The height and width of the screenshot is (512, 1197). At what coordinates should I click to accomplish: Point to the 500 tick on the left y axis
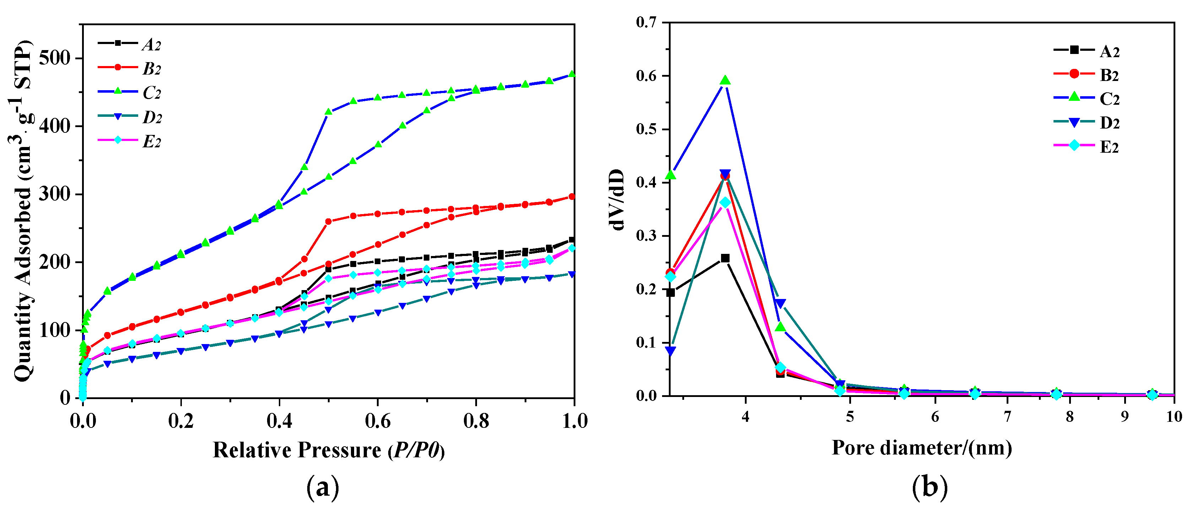pyautogui.click(x=54, y=59)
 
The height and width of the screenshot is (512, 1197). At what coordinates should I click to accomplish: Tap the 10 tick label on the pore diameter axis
pyautogui.click(x=1174, y=416)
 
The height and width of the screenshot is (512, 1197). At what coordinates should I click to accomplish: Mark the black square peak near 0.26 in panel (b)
pyautogui.click(x=725, y=258)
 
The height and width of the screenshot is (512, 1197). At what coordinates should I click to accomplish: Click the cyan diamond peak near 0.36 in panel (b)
pyautogui.click(x=725, y=203)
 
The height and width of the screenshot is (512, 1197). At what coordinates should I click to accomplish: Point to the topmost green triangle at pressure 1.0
pyautogui.click(x=572, y=74)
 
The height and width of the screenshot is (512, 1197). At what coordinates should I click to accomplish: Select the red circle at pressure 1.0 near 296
pyautogui.click(x=572, y=197)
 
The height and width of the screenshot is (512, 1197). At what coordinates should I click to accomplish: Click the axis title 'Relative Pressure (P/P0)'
pyautogui.click(x=329, y=450)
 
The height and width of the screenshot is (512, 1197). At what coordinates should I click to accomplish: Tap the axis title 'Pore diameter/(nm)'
pyautogui.click(x=921, y=448)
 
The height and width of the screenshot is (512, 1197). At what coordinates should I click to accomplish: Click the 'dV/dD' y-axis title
pyautogui.click(x=617, y=200)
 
